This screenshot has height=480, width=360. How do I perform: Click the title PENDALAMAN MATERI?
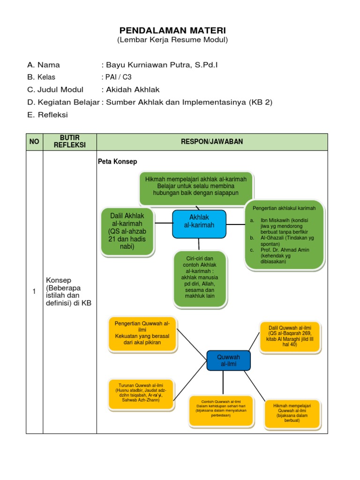click(x=172, y=30)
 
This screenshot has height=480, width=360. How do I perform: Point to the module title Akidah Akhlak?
click(x=132, y=90)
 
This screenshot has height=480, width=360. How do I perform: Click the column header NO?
click(x=34, y=142)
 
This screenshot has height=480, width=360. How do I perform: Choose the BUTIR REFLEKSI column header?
click(x=70, y=142)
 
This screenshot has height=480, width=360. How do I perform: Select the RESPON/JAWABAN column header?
click(x=212, y=142)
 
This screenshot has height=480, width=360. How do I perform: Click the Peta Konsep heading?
click(x=117, y=162)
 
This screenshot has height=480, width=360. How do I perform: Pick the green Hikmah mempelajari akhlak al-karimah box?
click(x=196, y=186)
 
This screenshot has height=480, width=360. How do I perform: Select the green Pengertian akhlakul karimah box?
click(x=284, y=236)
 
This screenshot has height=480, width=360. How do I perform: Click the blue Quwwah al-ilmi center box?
click(x=228, y=360)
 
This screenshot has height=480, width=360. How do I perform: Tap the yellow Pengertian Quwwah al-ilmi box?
click(x=142, y=333)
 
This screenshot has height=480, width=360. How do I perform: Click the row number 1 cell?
click(x=34, y=292)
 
